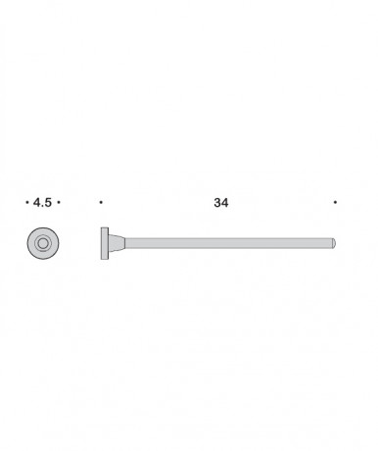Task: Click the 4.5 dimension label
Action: tap(41, 203)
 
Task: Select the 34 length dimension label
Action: tap(220, 203)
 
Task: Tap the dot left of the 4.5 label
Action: tap(25, 203)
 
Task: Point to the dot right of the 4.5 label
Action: tap(59, 203)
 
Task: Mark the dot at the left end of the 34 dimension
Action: tap(101, 203)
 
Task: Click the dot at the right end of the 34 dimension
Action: tap(335, 203)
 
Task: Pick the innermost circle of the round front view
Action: tap(42, 242)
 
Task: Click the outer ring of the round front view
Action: tap(31, 242)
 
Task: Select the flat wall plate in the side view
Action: tap(103, 242)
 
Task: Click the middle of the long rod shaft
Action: tap(225, 242)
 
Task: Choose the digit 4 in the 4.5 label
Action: tap(36, 203)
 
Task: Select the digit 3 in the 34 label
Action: tap(216, 203)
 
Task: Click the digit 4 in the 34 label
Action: tap(225, 203)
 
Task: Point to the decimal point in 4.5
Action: tap(42, 206)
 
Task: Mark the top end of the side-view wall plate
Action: tap(103, 227)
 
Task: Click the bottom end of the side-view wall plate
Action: tap(103, 258)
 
